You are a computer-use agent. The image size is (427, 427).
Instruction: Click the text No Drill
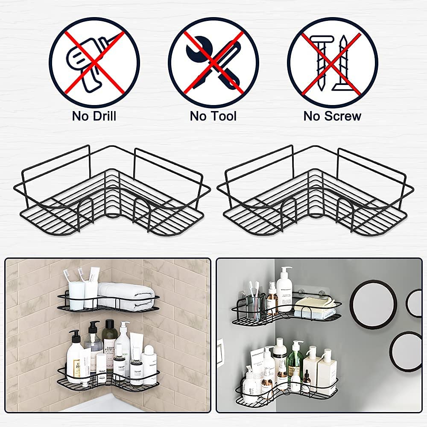point(94,116)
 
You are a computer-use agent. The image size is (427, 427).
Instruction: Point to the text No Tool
point(213,116)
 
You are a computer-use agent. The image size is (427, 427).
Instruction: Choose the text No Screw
point(332,116)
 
